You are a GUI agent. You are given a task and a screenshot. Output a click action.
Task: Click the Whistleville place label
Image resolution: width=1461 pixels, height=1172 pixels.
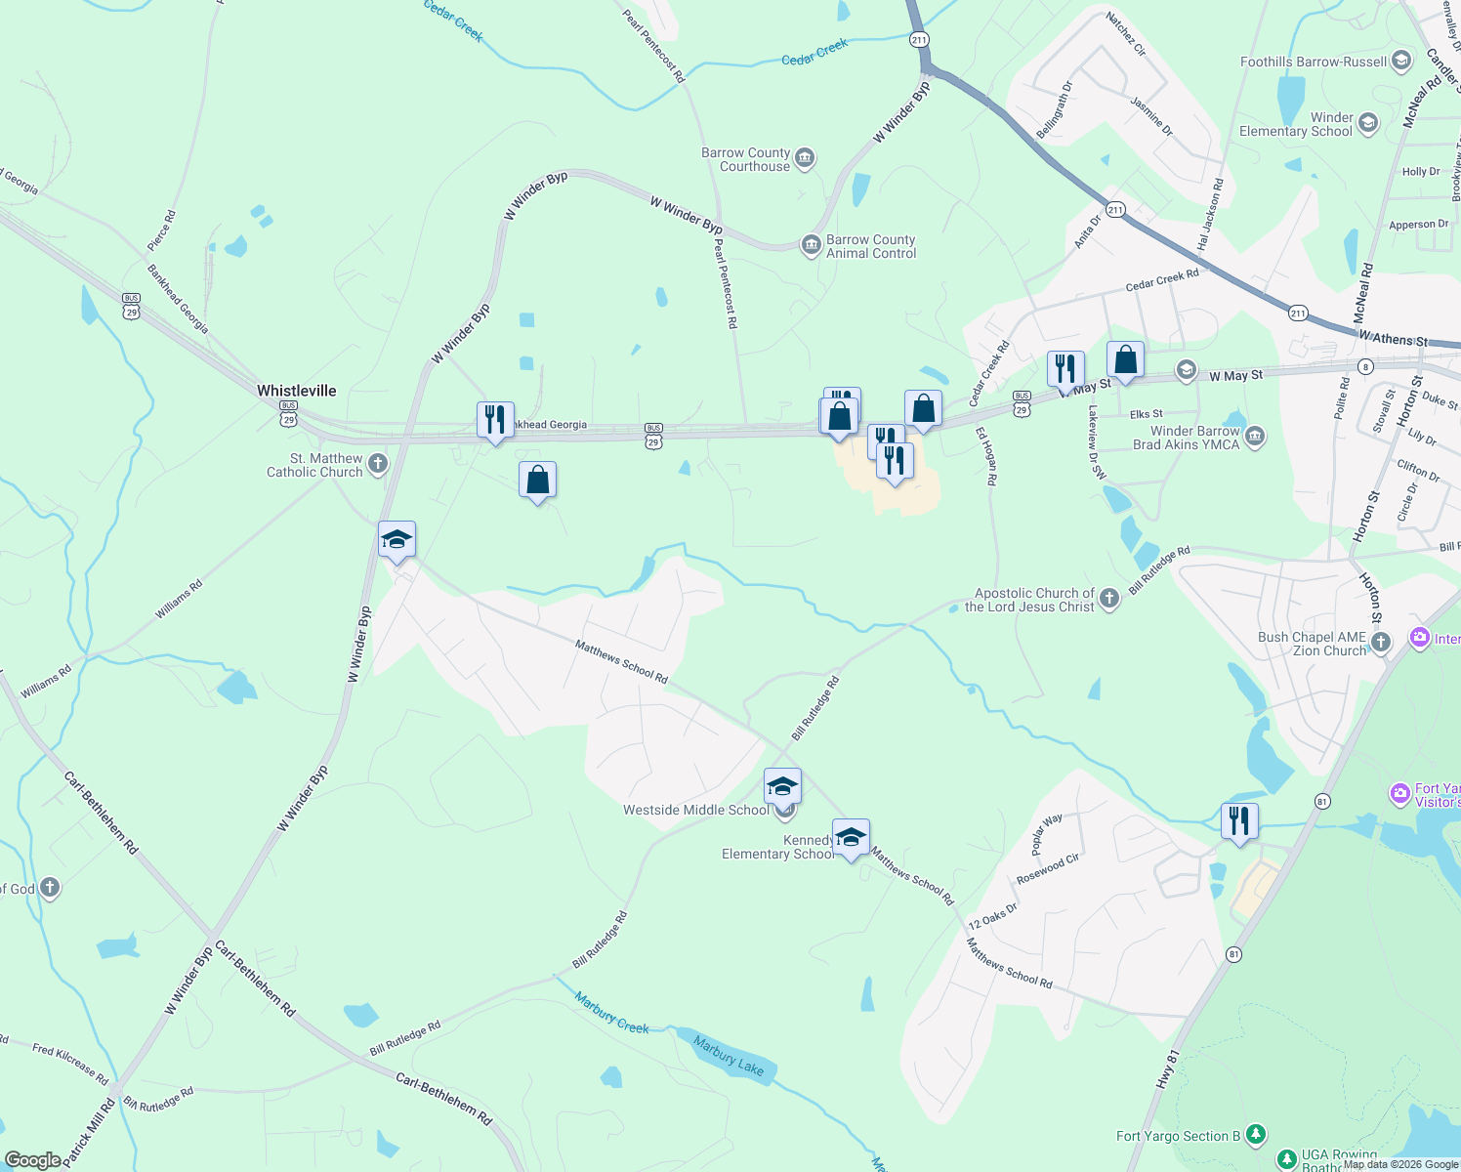point(296,391)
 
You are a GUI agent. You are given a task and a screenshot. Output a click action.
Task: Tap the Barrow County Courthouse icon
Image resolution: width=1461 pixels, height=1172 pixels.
point(805,159)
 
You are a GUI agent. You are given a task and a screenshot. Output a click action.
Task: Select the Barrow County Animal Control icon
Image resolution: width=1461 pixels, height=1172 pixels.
point(811,245)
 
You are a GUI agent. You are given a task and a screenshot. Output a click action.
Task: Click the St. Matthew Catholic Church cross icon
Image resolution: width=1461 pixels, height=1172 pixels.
point(378,464)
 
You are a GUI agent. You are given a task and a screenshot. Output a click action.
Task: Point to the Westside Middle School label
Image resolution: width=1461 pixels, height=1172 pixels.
point(695,810)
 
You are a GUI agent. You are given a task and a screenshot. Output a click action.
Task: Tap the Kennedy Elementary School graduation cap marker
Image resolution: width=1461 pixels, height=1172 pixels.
point(851,838)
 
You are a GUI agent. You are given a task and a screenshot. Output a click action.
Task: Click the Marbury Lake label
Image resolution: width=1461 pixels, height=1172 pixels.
point(729,1056)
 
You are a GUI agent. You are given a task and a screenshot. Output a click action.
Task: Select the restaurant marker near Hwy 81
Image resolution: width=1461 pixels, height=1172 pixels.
point(1239,821)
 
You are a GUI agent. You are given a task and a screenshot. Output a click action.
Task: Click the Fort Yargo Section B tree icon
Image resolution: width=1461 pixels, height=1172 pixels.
point(1256,1135)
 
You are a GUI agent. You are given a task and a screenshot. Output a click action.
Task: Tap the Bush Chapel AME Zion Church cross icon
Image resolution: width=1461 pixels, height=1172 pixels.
point(1380,643)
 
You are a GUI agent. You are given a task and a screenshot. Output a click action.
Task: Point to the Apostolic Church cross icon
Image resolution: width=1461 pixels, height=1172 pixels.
point(1108,599)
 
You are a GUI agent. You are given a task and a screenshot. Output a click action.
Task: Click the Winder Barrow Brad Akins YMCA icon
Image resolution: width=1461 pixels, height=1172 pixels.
point(1255,437)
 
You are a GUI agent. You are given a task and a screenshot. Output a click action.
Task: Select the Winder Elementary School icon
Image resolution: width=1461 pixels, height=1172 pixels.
point(1367,123)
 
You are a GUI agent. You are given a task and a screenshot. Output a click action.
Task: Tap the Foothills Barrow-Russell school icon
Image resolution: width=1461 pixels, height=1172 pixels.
point(1401,62)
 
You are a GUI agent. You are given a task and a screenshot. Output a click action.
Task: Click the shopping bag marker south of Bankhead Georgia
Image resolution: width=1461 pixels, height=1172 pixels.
point(537,481)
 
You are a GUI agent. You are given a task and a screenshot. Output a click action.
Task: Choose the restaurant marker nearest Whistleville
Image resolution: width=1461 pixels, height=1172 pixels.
point(495,421)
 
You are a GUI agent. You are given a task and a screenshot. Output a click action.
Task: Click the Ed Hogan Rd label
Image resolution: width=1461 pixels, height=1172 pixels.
point(986,457)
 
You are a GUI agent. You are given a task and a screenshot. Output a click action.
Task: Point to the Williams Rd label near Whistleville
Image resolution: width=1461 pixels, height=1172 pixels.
point(179,600)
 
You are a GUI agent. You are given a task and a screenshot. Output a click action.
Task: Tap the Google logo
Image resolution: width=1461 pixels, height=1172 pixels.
point(32,1159)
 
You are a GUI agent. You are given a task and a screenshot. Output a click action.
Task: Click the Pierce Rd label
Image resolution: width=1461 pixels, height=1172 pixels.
point(162,230)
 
